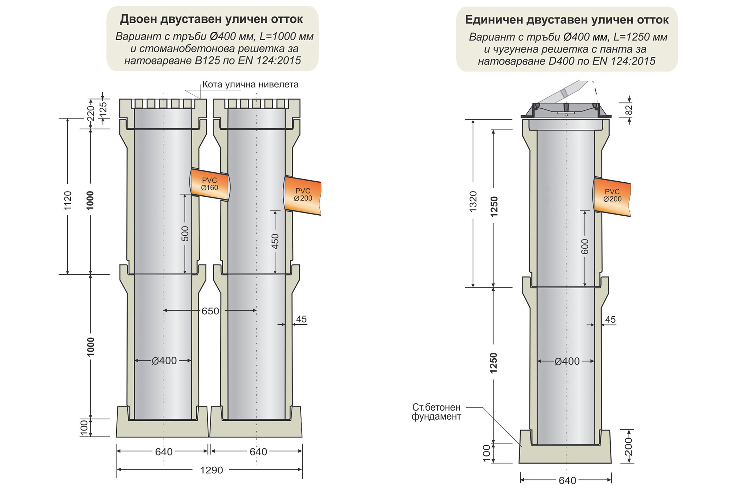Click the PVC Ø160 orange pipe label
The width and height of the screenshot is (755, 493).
click(210, 184)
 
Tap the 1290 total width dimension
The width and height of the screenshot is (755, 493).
click(211, 470)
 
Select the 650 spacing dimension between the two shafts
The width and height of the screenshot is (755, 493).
click(210, 311)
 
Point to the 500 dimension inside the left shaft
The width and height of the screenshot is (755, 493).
click(185, 234)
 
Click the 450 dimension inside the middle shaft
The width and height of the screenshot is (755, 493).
click(275, 241)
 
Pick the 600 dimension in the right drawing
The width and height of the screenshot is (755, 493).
click(585, 246)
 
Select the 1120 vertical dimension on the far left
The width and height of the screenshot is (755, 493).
click(68, 201)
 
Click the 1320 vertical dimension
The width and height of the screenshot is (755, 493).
click(473, 201)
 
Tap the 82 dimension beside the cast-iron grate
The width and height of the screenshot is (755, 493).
click(629, 110)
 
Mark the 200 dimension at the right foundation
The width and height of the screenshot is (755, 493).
click(629, 446)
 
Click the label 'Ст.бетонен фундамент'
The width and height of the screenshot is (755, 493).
click(436, 412)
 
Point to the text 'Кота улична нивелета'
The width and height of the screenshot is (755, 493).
click(250, 85)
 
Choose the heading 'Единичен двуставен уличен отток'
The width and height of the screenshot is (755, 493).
click(567, 20)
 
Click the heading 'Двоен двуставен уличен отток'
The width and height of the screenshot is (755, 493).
click(211, 19)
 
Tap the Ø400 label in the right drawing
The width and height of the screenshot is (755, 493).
click(567, 362)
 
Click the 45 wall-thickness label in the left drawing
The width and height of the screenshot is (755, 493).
click(301, 319)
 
